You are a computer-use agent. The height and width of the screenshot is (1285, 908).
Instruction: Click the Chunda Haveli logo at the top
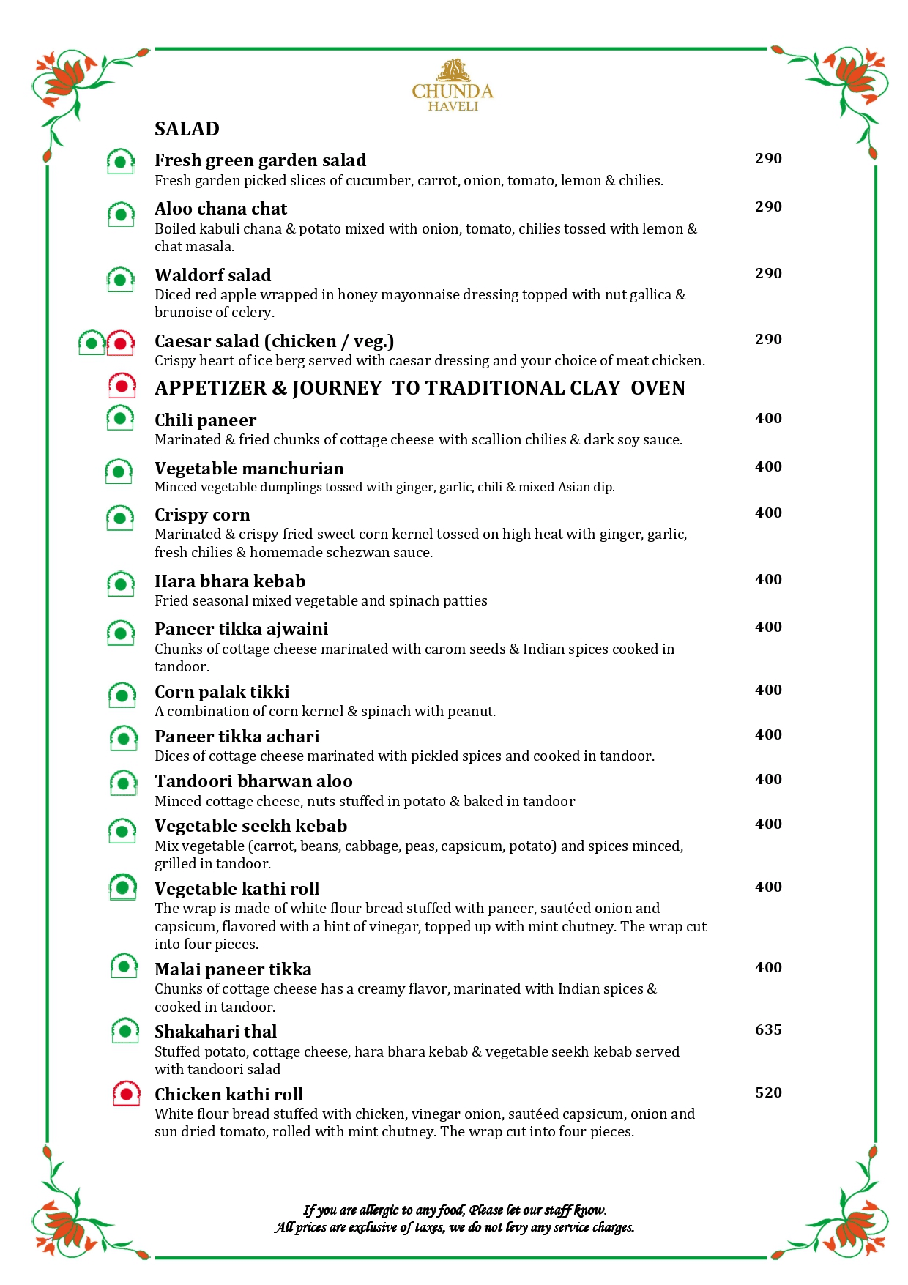453,86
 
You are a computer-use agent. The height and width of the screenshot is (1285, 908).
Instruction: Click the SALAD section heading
187,129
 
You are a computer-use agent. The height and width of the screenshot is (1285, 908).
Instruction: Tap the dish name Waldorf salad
212,275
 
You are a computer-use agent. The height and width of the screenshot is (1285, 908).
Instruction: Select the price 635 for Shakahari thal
768,1030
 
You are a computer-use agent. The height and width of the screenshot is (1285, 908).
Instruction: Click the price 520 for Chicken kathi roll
768,1093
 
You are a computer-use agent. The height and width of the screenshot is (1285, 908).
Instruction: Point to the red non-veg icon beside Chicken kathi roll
126,1095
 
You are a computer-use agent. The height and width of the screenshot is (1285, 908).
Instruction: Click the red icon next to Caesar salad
120,343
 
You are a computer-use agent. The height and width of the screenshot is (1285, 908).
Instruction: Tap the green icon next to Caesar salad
92,343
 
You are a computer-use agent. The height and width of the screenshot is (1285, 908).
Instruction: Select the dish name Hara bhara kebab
230,581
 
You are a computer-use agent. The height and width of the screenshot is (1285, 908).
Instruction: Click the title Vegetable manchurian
249,469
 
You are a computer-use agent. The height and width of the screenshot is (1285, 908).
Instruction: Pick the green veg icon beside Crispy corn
120,518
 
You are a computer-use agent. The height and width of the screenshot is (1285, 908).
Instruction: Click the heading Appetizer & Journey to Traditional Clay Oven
420,388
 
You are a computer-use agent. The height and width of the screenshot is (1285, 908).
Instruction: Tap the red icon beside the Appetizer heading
122,386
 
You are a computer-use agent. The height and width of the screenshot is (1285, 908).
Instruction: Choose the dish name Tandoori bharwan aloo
253,781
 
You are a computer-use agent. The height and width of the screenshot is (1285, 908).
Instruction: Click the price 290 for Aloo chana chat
768,207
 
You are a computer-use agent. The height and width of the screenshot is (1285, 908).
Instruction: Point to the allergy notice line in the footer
455,1210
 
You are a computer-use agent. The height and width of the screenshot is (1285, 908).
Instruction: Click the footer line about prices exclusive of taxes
455,1227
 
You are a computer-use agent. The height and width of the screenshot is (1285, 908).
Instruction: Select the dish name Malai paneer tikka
233,969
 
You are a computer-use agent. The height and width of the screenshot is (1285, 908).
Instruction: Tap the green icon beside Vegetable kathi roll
122,887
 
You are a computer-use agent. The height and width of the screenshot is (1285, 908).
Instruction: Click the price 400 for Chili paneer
768,419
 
